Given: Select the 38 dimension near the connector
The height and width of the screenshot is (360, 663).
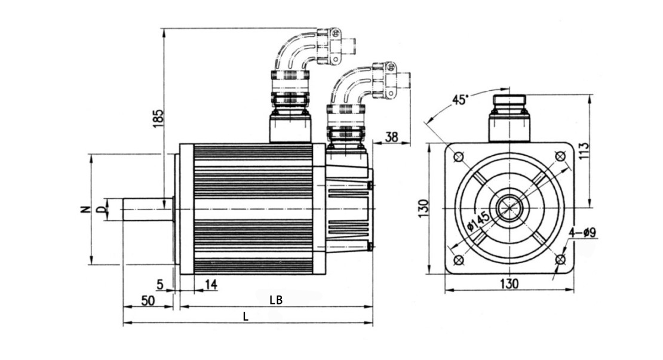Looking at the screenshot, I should [x=391, y=137].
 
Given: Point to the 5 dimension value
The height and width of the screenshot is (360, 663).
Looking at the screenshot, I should [x=160, y=285].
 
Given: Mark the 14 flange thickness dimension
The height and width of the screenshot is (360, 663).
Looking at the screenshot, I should [x=210, y=285].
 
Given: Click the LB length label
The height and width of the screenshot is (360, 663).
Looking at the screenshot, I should [x=275, y=300].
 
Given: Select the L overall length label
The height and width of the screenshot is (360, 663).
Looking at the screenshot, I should [x=245, y=317].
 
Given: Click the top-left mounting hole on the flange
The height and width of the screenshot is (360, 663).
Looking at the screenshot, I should [x=459, y=157].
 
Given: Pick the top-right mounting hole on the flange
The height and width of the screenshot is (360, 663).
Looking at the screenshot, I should [x=560, y=156].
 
